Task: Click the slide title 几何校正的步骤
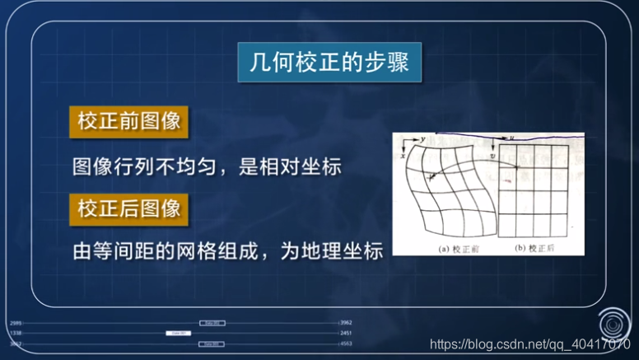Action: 329,63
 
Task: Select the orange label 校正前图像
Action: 129,122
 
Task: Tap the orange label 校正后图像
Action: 129,207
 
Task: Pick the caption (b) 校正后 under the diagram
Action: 534,246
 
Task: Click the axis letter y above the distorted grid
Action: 423,140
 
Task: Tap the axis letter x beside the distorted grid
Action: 403,154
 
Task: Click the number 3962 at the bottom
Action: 346,322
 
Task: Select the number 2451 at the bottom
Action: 346,333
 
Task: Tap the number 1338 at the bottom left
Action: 16,333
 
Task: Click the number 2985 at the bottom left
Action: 16,322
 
